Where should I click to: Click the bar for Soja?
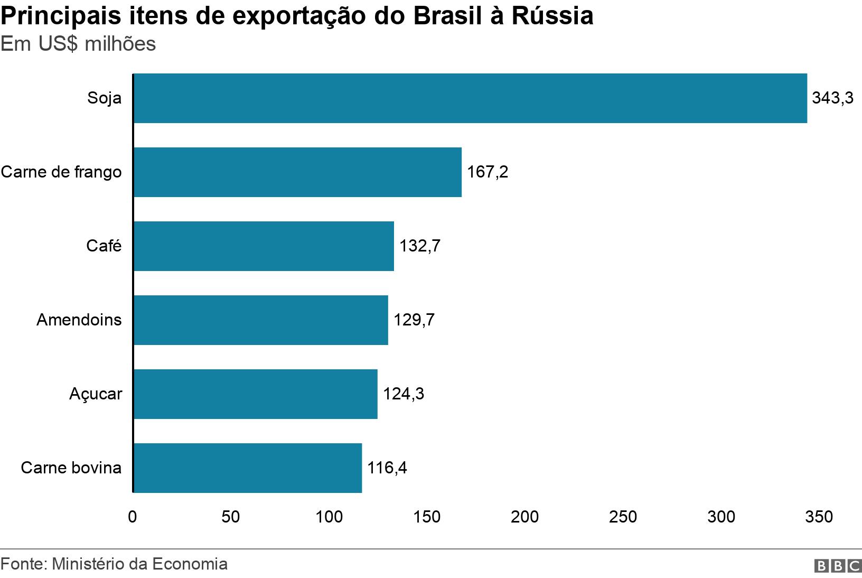point(470,98)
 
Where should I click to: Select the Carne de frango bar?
point(297,172)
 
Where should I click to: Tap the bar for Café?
point(264,246)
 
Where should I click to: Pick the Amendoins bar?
point(260,320)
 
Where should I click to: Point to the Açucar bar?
point(255,394)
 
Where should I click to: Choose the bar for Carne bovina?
point(247,468)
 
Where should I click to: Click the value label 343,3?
point(832,98)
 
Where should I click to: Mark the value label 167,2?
point(487,172)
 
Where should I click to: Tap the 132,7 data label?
point(419,246)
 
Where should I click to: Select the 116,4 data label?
point(387,468)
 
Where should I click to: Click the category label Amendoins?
point(79,320)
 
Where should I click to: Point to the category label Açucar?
point(96,394)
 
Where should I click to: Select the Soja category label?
point(105,98)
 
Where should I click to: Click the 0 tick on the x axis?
point(133,517)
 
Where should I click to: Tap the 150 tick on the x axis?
point(427,517)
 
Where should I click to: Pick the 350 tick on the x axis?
point(819,517)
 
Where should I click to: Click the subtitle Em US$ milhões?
point(78,44)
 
